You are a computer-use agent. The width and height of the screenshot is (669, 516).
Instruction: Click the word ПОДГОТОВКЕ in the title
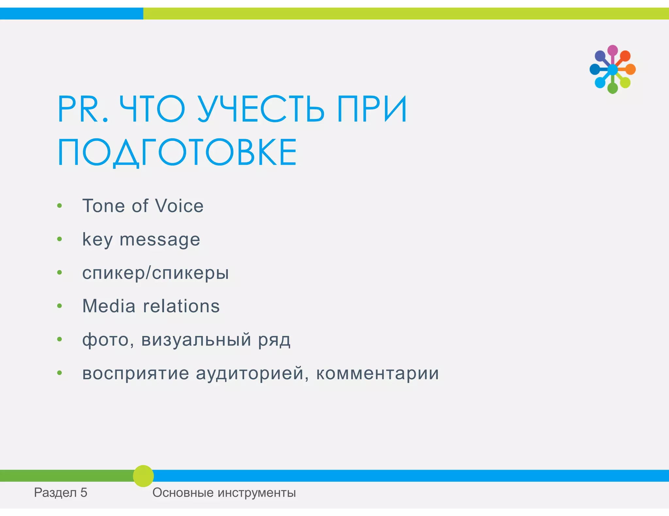pos(177,153)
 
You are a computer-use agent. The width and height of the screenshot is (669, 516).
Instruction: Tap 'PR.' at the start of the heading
pos(83,109)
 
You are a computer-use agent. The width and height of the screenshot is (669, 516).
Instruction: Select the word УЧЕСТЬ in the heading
pos(261,109)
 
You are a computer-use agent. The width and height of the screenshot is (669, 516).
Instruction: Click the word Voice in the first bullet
pos(179,206)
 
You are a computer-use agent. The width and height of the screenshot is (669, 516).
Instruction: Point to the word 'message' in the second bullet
pos(160,240)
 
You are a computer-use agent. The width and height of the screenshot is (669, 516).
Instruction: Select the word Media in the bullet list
pos(109,306)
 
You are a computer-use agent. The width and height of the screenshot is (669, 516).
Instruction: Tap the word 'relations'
pos(181,306)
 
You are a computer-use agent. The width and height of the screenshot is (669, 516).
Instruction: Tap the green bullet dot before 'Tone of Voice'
pos(59,206)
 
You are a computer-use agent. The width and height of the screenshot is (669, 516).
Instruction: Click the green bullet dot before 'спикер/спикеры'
pos(59,273)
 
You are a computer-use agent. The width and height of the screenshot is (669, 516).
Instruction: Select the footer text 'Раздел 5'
pos(61,493)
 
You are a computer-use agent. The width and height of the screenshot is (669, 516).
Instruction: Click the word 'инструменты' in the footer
pos(256,493)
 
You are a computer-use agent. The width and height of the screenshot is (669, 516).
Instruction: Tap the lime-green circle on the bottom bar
pos(143,476)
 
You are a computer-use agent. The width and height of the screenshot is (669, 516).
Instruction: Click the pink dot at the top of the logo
pos(612,50)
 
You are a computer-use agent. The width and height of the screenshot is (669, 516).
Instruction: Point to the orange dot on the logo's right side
pos(630,69)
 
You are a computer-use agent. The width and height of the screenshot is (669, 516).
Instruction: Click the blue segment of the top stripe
pos(71,14)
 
